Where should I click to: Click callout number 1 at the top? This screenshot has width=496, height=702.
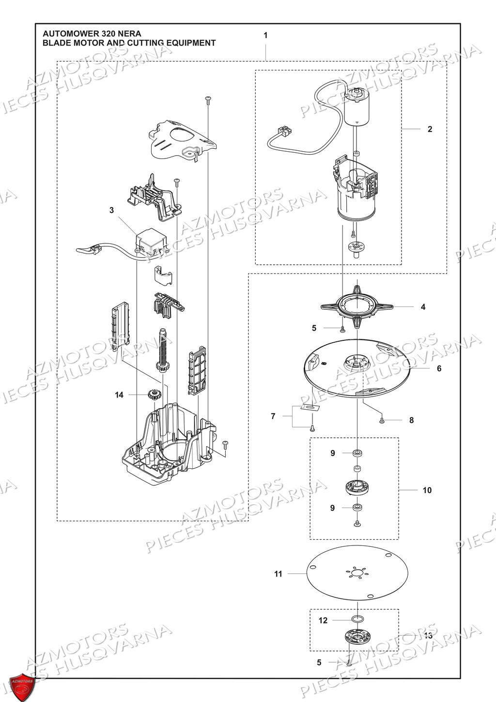tap(265, 35)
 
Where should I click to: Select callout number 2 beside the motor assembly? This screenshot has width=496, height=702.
tap(430, 129)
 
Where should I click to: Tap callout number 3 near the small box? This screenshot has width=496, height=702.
tap(112, 210)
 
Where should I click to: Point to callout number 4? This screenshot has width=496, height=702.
tap(423, 307)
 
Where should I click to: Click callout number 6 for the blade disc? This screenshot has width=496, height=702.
tap(439, 368)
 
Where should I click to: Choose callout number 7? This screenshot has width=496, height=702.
tap(273, 416)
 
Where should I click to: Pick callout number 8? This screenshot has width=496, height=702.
tap(411, 420)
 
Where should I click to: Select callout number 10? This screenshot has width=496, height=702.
tap(427, 490)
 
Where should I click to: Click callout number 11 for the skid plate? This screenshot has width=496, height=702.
tap(278, 574)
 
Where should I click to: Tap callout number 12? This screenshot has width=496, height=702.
tap(323, 620)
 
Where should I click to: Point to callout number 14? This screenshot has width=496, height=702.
tap(119, 395)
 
